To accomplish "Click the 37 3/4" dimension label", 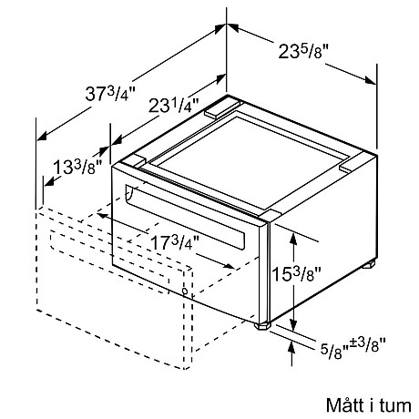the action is tap(110, 94).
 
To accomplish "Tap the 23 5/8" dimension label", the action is tap(303, 51).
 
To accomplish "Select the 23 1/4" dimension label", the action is tap(174, 106).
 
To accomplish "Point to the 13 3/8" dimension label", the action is tap(77, 167).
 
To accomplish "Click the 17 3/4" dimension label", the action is tap(175, 242).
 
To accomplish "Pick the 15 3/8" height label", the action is tap(296, 274).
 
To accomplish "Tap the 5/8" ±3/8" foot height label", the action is tap(353, 347).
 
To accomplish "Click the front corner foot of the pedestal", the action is tap(262, 326).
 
